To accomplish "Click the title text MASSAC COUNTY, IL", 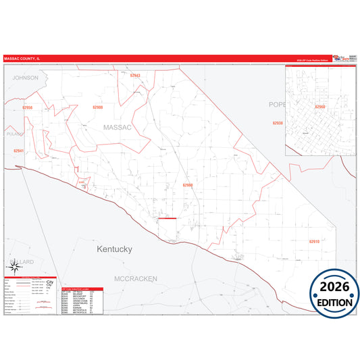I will point(22,59).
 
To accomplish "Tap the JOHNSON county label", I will point(26,78).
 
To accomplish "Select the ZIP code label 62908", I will point(98,107).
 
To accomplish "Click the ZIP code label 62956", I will point(27,107).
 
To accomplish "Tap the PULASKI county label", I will point(14,134).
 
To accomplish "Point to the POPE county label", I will point(277,104).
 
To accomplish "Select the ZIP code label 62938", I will point(278,123).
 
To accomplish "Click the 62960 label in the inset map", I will point(319,107).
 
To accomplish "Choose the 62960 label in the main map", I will point(188,184).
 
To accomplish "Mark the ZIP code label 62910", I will point(314,241).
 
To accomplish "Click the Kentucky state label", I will point(114,249).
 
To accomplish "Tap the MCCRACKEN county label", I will point(135,278).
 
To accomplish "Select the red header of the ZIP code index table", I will point(82,288).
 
